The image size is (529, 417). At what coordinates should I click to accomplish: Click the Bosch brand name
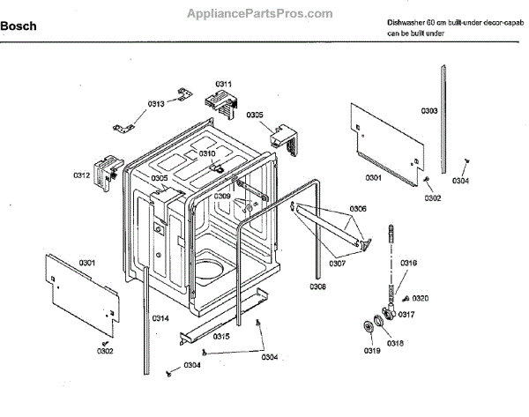[19, 26]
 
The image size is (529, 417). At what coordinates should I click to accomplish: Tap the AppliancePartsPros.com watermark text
[261, 13]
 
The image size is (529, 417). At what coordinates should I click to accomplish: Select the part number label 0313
[156, 104]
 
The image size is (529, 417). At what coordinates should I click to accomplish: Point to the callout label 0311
[224, 85]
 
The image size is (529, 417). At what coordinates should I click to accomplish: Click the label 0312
[82, 175]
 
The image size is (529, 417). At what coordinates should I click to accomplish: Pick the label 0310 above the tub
[207, 153]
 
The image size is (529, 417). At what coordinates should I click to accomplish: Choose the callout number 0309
[222, 196]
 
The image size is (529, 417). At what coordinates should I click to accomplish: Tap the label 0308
[317, 287]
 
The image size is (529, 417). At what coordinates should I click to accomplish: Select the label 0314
[160, 317]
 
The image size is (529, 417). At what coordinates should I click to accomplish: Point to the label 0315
[221, 337]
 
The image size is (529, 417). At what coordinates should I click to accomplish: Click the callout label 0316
[409, 263]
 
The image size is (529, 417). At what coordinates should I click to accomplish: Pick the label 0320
[421, 299]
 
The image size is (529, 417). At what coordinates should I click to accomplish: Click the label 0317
[406, 315]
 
